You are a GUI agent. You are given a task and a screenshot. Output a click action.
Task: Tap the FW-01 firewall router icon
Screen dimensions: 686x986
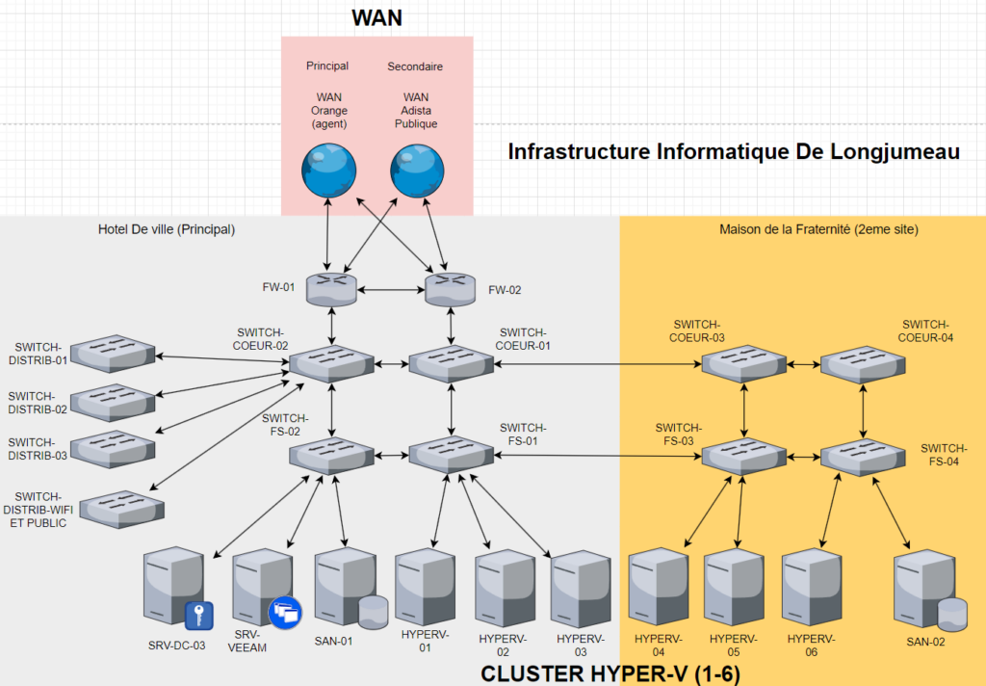[331, 287]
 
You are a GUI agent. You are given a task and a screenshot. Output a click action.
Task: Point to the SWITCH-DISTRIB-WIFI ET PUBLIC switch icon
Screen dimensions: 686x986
[121, 508]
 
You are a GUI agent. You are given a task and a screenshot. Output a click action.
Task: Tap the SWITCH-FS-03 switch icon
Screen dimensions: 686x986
[741, 455]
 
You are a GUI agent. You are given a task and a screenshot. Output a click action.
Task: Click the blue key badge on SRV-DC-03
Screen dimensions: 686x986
[197, 615]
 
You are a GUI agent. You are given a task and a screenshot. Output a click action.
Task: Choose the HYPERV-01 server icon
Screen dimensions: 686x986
[425, 587]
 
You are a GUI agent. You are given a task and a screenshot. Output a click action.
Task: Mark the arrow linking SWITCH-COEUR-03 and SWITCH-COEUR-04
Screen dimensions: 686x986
[802, 364]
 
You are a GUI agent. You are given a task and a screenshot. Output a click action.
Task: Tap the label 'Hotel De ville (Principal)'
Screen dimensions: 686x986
[167, 229]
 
